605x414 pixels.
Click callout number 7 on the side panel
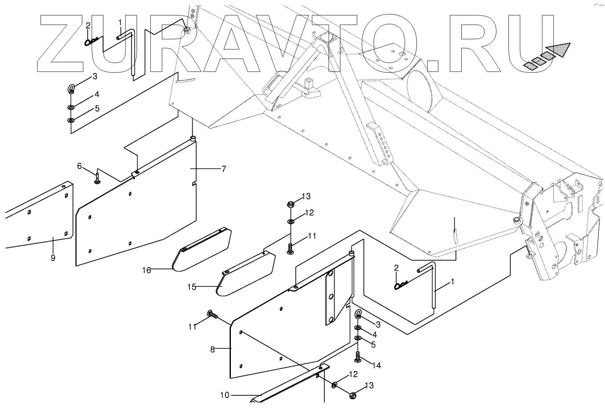(223, 169)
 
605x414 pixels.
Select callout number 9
(53, 258)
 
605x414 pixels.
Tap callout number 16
(147, 270)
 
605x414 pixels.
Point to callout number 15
(191, 287)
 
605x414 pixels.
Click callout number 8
(212, 349)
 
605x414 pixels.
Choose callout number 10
(225, 394)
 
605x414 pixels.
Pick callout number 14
(376, 366)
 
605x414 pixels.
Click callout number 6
(80, 166)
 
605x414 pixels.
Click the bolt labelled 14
(358, 356)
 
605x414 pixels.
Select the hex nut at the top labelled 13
(290, 205)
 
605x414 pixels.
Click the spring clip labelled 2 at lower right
(400, 286)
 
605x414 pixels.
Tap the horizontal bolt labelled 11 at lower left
(212, 315)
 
